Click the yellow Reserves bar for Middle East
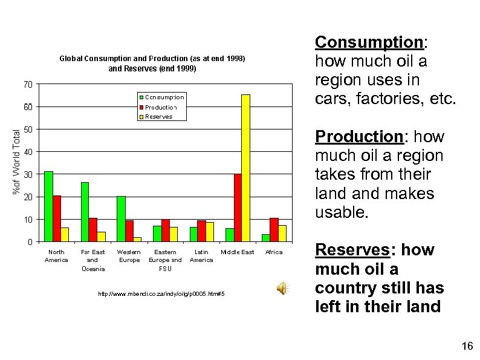[x=245, y=168]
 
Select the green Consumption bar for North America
[x=48, y=206]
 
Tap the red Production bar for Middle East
[x=238, y=208]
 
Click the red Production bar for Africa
[x=274, y=230]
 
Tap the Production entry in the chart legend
[x=160, y=107]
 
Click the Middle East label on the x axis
[x=238, y=252]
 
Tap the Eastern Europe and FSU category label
[x=165, y=260]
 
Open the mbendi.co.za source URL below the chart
[x=161, y=294]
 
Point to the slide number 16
[x=467, y=347]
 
